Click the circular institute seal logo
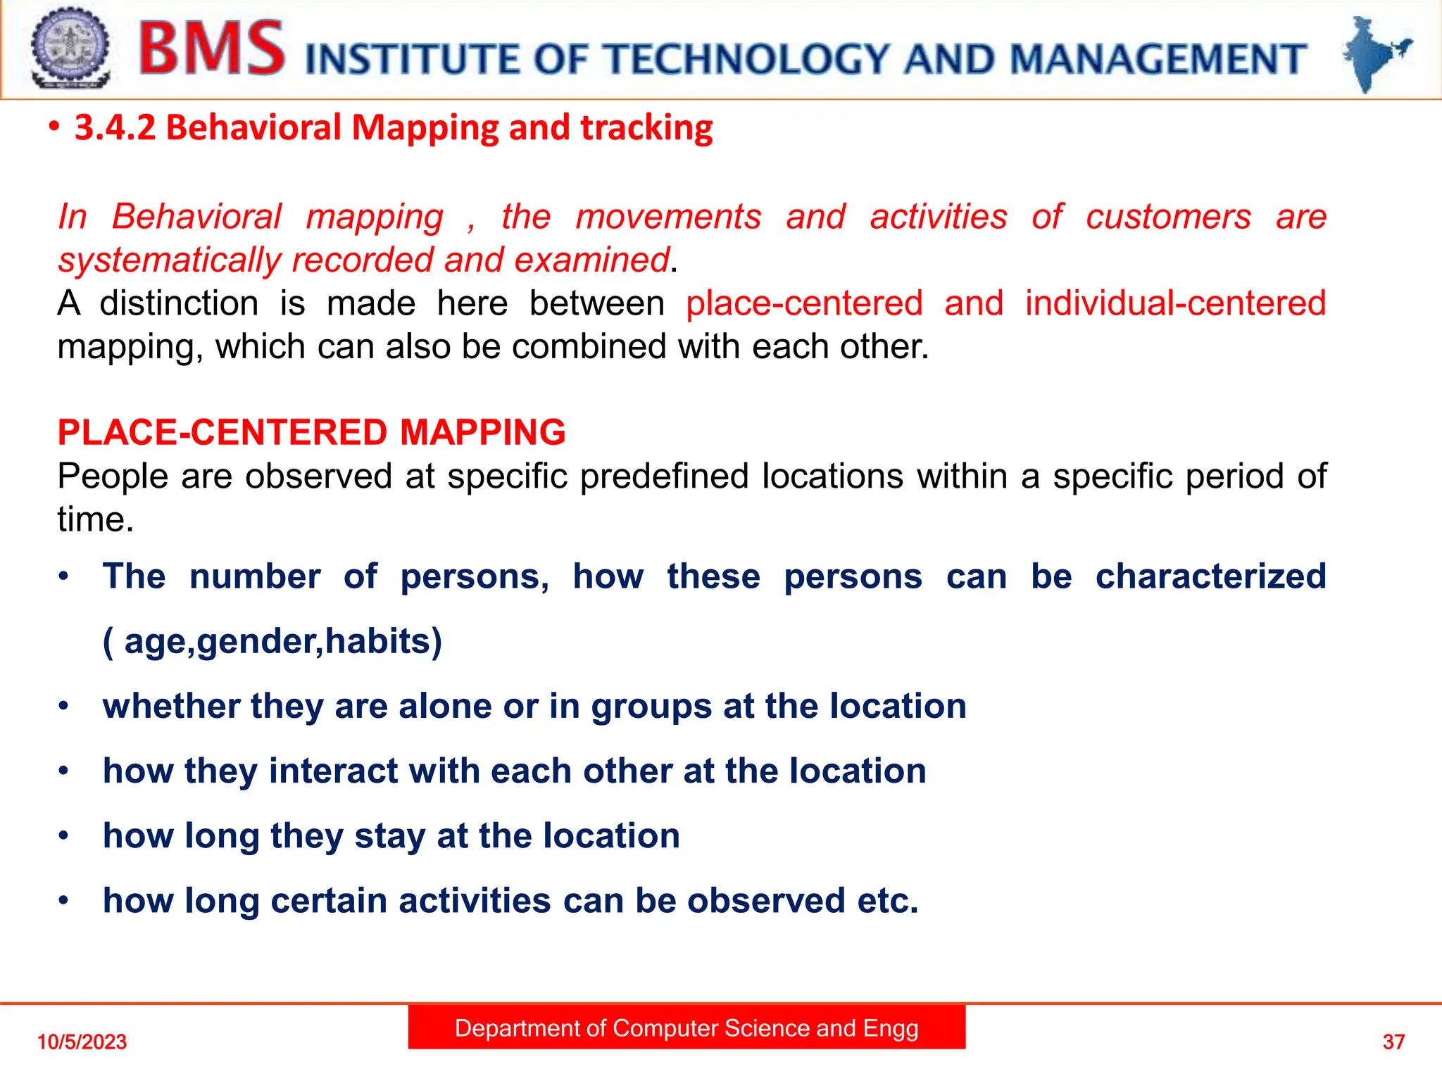tap(70, 48)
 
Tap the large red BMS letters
tap(212, 49)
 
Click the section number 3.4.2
tap(115, 128)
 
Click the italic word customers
tap(1168, 217)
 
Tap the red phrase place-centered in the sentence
tap(804, 303)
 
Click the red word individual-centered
tap(1175, 303)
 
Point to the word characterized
tap(1210, 576)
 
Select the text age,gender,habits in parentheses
tap(272, 642)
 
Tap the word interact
tap(332, 771)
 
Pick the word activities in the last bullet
tap(475, 901)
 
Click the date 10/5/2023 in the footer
tap(82, 1042)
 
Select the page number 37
tap(1393, 1042)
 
